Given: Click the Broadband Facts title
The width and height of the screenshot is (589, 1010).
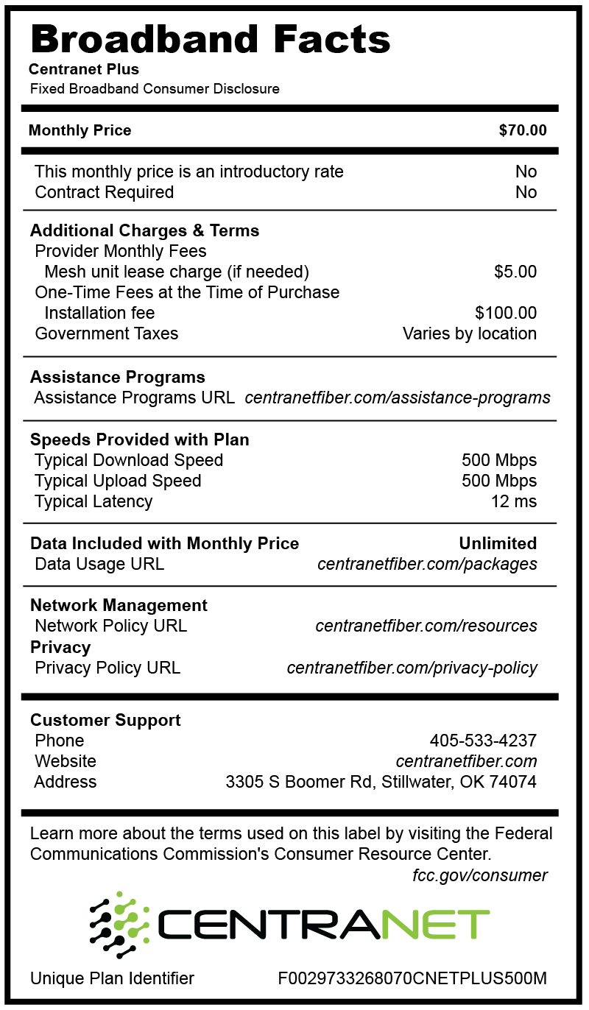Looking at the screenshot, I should [210, 38].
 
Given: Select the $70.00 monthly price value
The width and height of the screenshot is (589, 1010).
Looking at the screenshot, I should [523, 130].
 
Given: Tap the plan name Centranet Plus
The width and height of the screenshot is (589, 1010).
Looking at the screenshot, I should [84, 70].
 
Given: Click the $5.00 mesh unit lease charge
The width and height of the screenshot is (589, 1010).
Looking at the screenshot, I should [515, 272].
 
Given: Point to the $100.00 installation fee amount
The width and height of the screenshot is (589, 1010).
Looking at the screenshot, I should [506, 313].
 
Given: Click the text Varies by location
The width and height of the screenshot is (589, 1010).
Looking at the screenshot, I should [469, 333].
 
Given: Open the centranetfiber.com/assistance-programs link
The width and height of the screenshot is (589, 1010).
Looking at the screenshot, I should [398, 398].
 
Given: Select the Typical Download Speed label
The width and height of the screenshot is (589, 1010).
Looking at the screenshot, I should [129, 460].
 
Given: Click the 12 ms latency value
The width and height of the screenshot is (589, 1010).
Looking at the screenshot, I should [513, 501].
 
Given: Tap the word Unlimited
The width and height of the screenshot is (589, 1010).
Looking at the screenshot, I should [498, 543].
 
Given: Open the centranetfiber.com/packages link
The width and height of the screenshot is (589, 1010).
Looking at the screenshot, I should [427, 564].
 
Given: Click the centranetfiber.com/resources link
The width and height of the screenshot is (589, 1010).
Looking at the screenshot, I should [426, 626].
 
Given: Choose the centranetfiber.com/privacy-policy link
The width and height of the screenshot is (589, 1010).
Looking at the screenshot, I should [412, 668].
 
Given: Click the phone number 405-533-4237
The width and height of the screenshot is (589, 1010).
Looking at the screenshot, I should [483, 741].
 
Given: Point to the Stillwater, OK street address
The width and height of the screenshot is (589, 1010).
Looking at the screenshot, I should [381, 782].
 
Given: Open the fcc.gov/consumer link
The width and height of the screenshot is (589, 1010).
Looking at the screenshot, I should [480, 875].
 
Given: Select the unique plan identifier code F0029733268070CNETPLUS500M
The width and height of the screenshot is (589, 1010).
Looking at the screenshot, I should [412, 978].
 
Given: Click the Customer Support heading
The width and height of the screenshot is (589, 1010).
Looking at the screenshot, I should [105, 720].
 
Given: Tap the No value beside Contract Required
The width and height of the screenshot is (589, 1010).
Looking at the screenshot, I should [526, 192].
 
